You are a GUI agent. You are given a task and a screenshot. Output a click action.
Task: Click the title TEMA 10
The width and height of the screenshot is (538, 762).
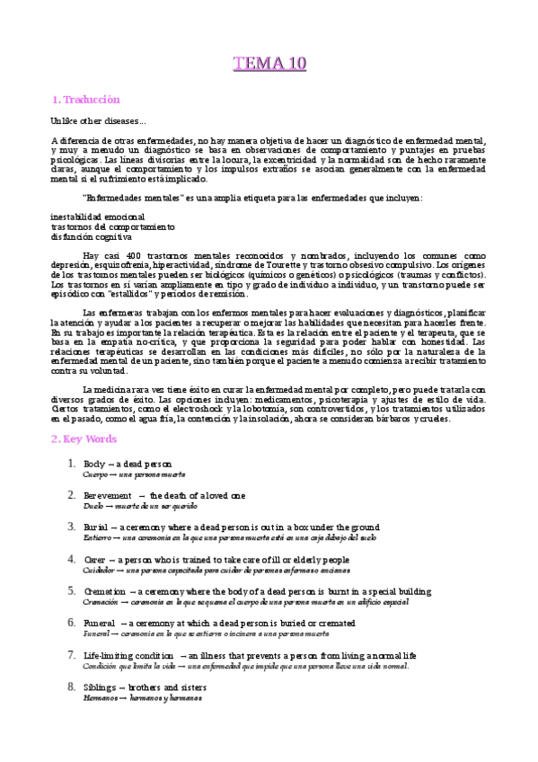pos(269,63)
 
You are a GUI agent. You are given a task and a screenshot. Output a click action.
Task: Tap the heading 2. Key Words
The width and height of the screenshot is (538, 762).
pos(84,439)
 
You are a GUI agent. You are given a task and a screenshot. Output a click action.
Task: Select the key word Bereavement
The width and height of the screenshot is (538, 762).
pos(105,496)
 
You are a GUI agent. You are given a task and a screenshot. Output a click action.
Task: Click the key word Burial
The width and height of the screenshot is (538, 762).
pos(95,527)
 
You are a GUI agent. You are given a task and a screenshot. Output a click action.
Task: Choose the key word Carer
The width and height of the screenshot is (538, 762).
pos(94,560)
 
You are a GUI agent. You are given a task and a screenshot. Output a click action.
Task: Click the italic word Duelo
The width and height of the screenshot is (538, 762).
pos(93,506)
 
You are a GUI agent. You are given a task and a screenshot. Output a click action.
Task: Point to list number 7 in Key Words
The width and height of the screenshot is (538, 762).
pos(72,656)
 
